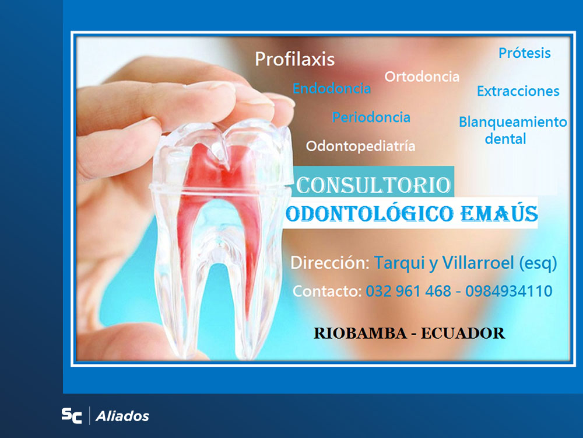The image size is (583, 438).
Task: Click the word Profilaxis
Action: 295,59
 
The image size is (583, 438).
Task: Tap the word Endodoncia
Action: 331,89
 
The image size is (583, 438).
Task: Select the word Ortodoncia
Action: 422,77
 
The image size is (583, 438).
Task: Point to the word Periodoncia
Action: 371,117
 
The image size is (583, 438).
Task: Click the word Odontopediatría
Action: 360,146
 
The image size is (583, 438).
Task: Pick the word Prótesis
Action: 524,53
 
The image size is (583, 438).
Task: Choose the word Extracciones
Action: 518,91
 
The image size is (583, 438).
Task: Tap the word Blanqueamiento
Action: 512,122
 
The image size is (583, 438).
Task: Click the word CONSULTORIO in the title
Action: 373,185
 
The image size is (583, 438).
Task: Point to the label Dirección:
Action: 329,263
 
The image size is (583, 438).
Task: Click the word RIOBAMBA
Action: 358,333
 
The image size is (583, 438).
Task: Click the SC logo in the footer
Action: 72,416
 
